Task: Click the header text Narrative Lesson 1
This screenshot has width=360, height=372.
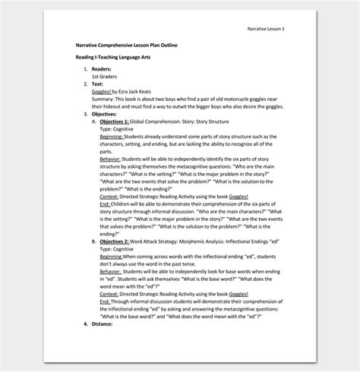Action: (x=264, y=28)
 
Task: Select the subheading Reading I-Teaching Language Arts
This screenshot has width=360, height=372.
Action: (x=121, y=58)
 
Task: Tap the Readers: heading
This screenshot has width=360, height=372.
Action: (x=103, y=70)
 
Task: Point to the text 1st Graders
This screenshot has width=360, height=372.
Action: (x=106, y=77)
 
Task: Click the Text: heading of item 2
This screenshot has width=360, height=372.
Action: (x=99, y=84)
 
